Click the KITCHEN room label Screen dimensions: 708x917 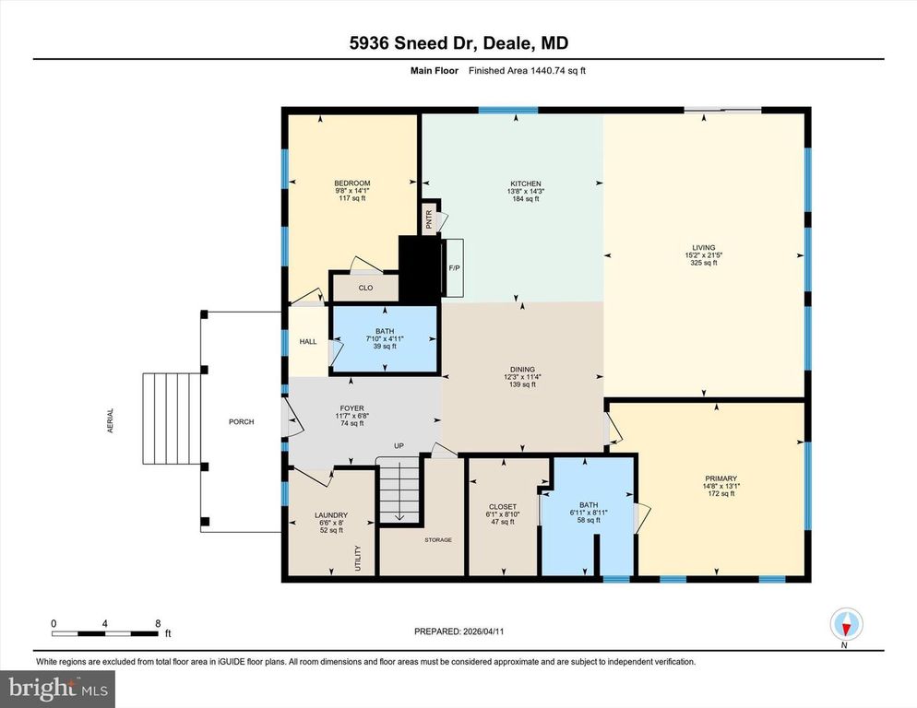(x=526, y=183)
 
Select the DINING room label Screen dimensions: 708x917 (x=520, y=369)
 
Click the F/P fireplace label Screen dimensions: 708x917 (x=454, y=268)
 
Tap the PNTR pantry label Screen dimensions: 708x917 (x=429, y=219)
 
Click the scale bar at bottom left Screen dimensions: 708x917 (x=105, y=632)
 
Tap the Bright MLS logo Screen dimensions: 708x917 (x=57, y=687)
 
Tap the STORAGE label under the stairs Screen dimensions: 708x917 (x=438, y=539)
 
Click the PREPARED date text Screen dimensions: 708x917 (x=458, y=631)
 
